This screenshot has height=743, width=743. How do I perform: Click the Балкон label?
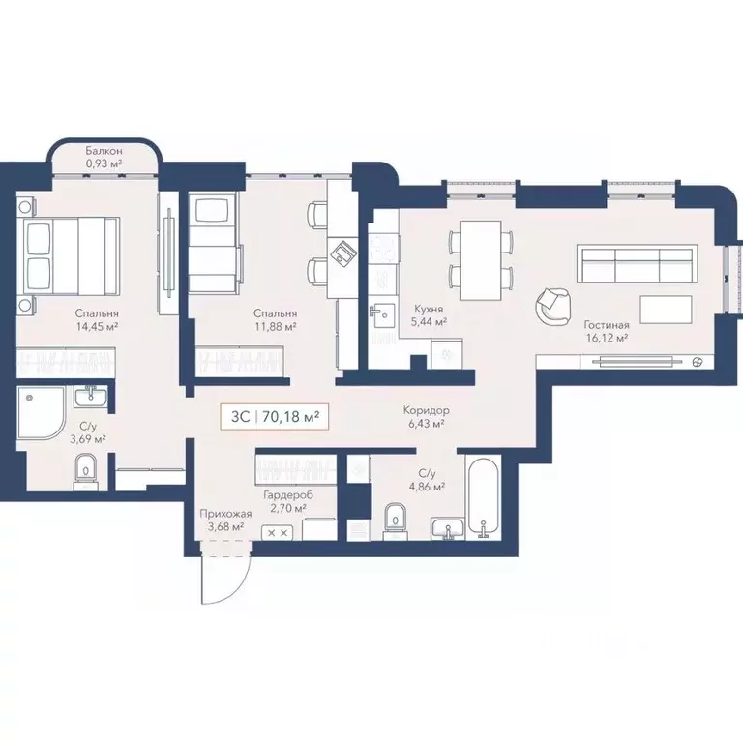[x=103, y=151]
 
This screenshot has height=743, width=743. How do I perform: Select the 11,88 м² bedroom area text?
[x=275, y=328]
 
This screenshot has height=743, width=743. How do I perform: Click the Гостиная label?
[x=607, y=325]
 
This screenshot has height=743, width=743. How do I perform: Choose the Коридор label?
[x=427, y=410]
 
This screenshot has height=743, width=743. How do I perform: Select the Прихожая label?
[x=220, y=513]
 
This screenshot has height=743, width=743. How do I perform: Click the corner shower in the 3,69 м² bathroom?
[x=40, y=410]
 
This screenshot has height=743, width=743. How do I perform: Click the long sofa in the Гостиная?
[x=636, y=262]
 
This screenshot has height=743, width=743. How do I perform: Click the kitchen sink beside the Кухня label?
[x=382, y=312]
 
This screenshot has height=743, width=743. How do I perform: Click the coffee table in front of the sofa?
[x=666, y=310]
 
